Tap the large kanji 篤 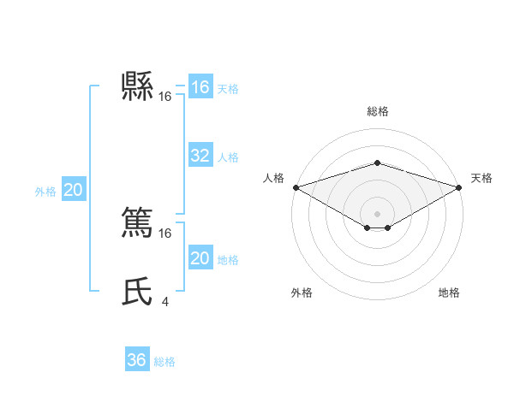tap(137, 221)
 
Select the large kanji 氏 tap(137, 291)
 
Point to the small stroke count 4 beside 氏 tap(164, 301)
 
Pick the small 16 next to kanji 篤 tap(164, 233)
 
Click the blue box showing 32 tap(200, 156)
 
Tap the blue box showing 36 tap(136, 360)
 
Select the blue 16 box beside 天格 tap(200, 87)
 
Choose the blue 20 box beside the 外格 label tap(73, 190)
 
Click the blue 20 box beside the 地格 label tap(200, 258)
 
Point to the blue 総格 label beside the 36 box tap(164, 362)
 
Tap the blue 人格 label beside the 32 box tap(228, 157)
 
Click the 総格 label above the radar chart tap(377, 111)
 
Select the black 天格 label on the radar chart tap(481, 178)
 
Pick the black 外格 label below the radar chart tap(302, 293)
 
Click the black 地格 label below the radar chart tap(449, 293)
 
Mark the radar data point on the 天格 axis tap(460, 187)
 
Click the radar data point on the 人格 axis tap(295, 187)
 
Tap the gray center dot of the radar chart tap(377, 213)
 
